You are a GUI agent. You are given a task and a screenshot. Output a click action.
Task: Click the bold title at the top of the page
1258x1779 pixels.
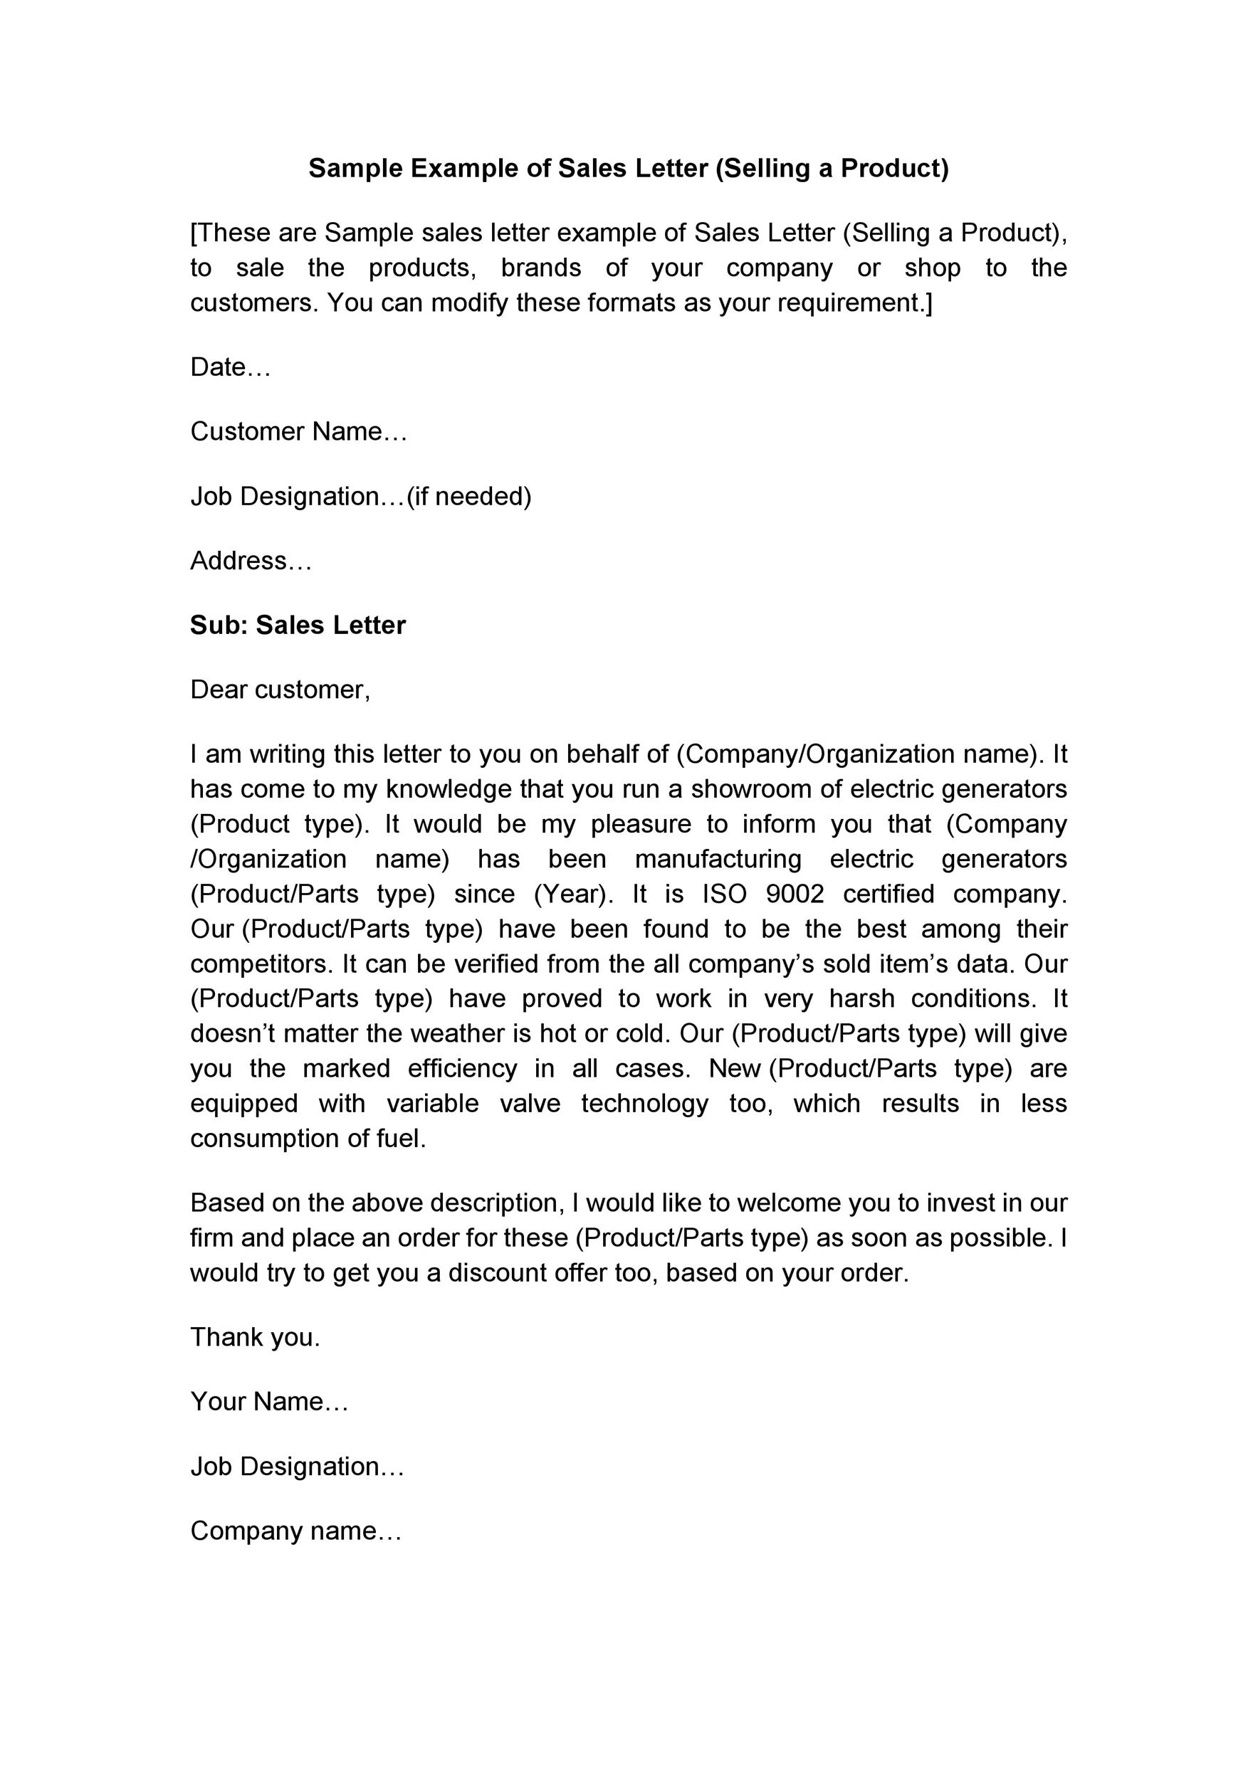[x=629, y=168]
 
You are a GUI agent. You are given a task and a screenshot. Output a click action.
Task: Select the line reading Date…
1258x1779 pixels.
[x=230, y=367]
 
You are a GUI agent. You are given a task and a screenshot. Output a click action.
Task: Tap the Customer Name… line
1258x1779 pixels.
[x=298, y=431]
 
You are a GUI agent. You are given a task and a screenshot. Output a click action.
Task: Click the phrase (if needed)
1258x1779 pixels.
[x=469, y=496]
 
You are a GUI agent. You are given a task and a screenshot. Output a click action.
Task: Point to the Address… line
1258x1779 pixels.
[x=251, y=560]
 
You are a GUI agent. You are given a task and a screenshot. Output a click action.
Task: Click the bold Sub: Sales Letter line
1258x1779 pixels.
[x=298, y=625]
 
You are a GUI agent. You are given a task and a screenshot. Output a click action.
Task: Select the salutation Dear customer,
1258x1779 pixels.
[x=281, y=690]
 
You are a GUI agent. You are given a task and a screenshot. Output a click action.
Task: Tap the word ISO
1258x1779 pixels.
[x=724, y=894]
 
